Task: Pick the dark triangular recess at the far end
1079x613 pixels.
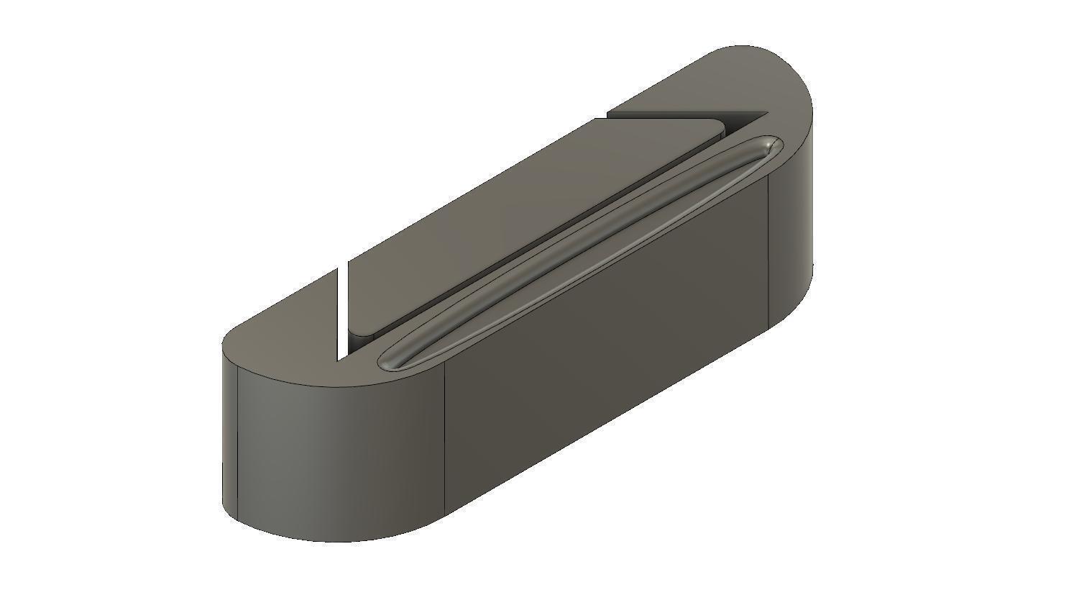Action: [740, 123]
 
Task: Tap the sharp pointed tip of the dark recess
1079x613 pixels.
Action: [766, 113]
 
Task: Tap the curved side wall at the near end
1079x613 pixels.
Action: [323, 453]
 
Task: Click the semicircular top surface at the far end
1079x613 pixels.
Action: [755, 79]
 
